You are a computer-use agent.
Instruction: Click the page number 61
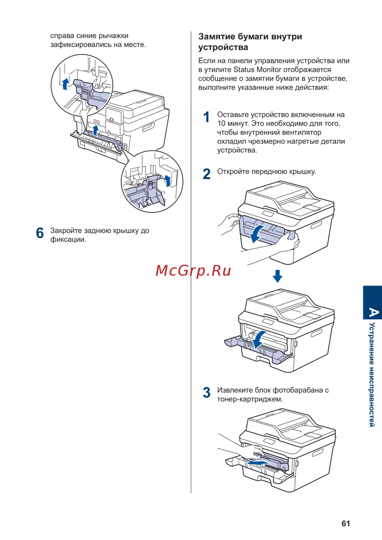(x=346, y=524)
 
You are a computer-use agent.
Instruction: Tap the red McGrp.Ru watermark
(x=193, y=271)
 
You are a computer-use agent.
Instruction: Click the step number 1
(x=207, y=117)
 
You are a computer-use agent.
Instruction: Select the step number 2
(x=207, y=174)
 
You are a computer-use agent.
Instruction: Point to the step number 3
(x=207, y=393)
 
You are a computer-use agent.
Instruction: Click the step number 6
(x=40, y=233)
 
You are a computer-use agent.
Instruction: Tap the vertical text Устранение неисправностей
(x=372, y=375)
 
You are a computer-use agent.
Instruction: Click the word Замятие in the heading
(x=217, y=37)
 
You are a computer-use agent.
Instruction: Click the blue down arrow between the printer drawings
(x=278, y=276)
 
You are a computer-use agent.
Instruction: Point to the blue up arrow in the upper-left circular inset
(x=66, y=84)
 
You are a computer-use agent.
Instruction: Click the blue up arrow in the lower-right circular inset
(x=167, y=181)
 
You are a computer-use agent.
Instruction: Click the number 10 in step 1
(x=222, y=124)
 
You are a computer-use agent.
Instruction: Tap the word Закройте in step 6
(x=66, y=231)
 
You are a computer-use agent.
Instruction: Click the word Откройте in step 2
(x=233, y=171)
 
